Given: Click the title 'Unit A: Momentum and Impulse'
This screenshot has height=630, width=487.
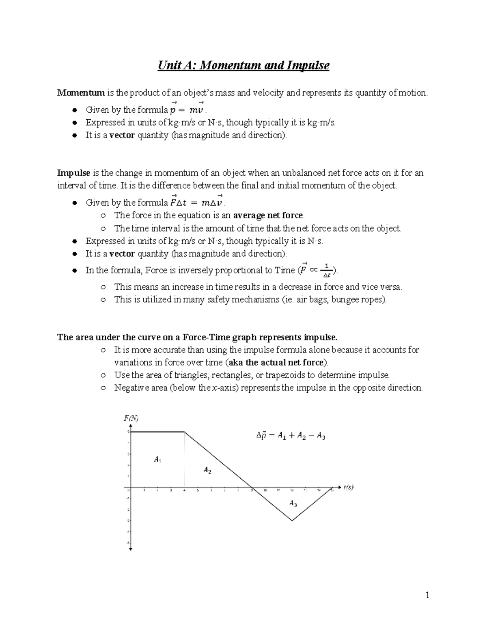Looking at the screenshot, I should click(x=243, y=65).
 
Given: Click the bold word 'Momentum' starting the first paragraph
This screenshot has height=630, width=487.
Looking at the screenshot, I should click(x=81, y=93).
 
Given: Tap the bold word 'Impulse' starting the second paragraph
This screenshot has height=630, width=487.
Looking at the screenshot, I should click(x=73, y=173).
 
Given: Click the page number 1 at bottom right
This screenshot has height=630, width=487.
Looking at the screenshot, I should click(x=427, y=595).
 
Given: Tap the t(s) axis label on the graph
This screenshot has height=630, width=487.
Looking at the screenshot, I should click(x=348, y=488).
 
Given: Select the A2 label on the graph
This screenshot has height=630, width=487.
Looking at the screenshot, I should click(x=207, y=470).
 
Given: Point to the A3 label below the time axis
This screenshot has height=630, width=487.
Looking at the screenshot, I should click(x=293, y=503).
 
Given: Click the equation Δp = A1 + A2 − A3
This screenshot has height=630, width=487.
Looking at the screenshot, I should click(x=291, y=436).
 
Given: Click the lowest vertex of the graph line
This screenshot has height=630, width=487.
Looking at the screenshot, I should click(x=292, y=520).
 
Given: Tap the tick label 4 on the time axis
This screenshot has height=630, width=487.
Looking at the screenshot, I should click(x=185, y=490).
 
